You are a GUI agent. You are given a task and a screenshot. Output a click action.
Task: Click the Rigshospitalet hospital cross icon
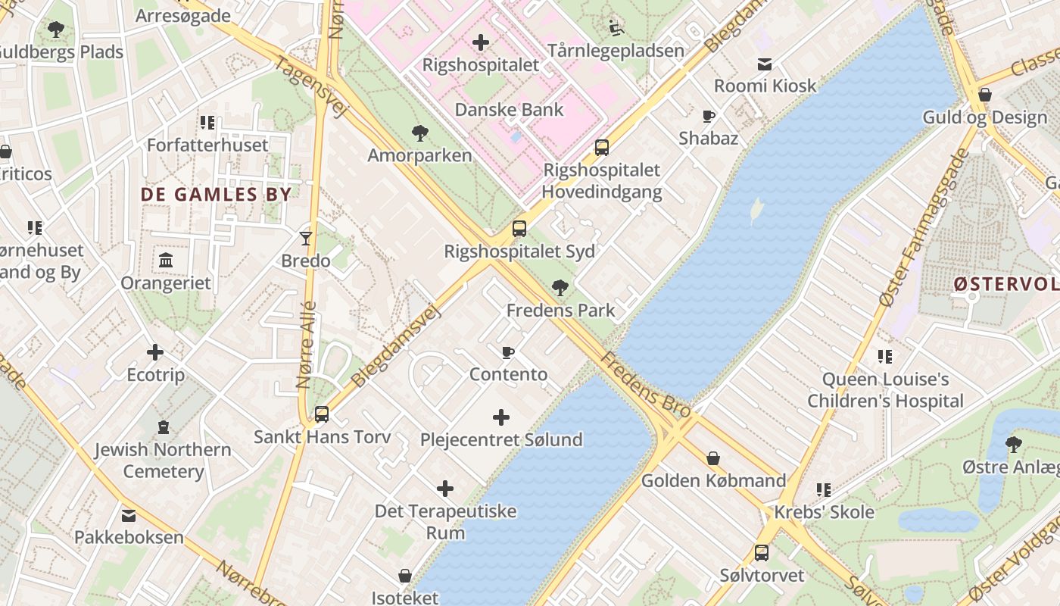480,42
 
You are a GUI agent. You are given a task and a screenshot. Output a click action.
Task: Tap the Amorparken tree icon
419,133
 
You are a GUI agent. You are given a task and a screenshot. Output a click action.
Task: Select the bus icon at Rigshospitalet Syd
519,228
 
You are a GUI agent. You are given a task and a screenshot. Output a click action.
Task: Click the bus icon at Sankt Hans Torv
322,414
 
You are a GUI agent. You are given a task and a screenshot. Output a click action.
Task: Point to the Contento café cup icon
508,352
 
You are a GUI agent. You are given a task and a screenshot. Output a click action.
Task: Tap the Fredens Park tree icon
560,287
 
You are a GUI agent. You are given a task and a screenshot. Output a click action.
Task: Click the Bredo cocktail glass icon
306,238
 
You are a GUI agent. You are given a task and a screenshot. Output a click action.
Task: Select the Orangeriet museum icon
166,261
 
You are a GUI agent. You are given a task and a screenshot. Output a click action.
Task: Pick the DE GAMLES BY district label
216,194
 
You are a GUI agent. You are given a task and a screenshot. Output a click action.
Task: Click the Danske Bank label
509,110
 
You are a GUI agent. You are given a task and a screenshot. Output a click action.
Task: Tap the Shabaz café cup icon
709,116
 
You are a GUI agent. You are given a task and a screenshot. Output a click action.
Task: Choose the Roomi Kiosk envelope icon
765,64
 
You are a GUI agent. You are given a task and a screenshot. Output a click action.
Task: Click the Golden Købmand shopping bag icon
712,458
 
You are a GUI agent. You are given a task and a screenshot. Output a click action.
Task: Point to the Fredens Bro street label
646,386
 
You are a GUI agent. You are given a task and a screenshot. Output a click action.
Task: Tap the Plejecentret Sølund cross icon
500,417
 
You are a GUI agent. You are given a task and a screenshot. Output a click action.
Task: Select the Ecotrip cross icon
155,352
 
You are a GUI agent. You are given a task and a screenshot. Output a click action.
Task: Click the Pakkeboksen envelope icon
128,515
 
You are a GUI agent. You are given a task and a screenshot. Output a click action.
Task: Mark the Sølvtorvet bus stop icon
761,553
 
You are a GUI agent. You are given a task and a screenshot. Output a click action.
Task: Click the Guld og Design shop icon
985,95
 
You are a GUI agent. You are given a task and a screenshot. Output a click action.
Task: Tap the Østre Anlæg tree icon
1013,444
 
